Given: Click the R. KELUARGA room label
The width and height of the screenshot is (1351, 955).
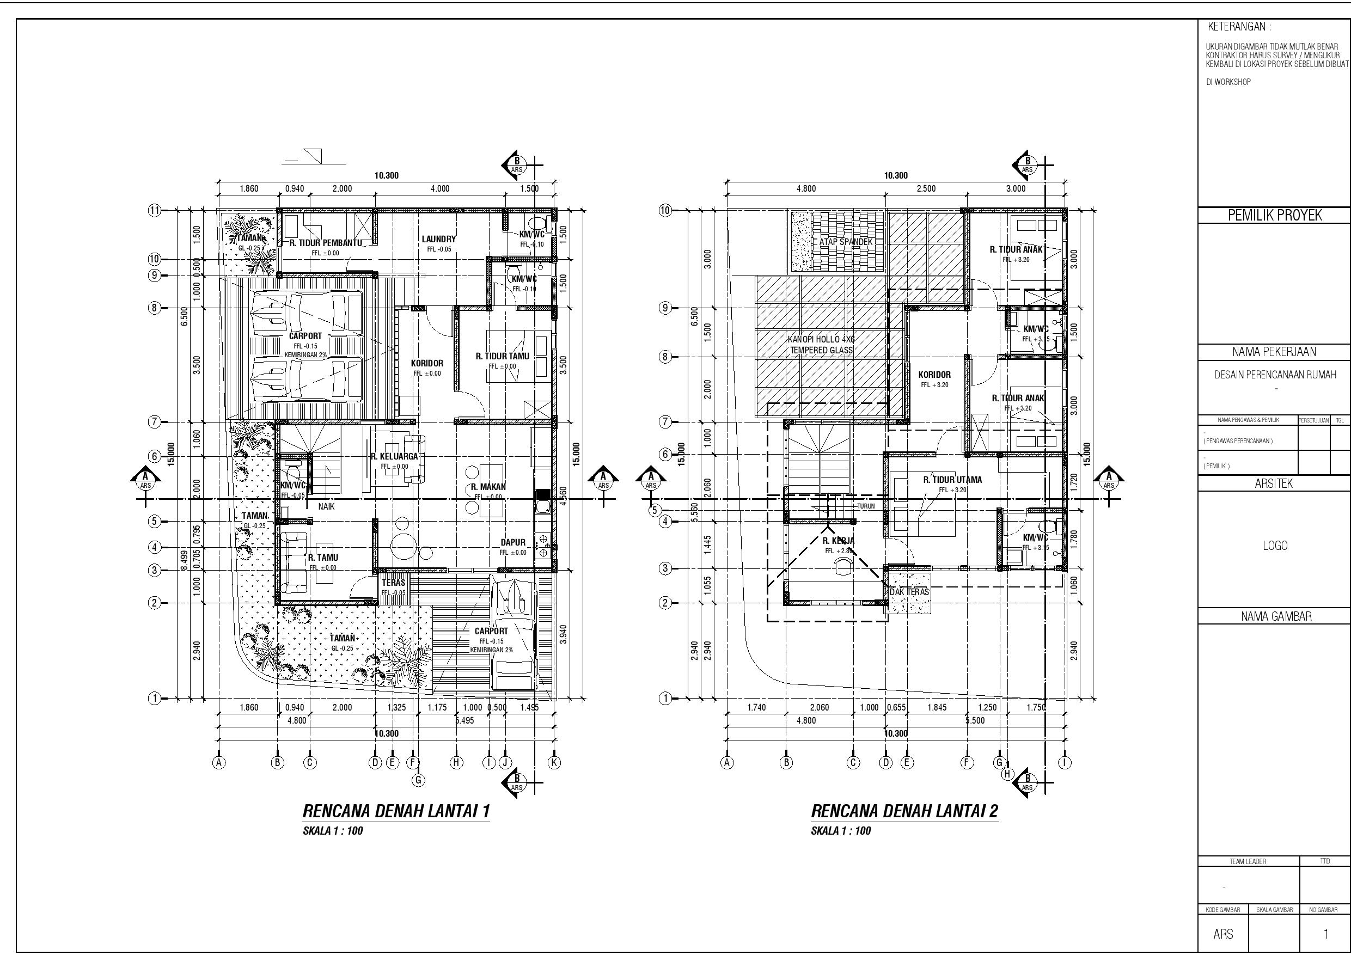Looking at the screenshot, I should (x=394, y=456).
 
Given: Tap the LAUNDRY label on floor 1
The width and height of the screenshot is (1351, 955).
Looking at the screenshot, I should (x=438, y=239).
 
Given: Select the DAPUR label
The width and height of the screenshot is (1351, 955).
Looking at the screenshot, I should (x=512, y=542).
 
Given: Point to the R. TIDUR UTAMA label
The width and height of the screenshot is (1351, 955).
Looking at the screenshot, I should (x=952, y=480).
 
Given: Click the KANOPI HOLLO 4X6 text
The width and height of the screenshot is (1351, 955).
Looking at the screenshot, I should (x=821, y=340).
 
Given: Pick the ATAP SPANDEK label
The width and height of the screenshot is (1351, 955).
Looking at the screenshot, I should (x=846, y=242).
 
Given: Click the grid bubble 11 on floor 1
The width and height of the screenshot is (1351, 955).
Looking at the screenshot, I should (x=155, y=211).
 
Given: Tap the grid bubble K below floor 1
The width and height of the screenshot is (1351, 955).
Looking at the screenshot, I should (x=554, y=763).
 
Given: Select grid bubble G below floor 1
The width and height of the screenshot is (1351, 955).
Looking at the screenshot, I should (x=418, y=780).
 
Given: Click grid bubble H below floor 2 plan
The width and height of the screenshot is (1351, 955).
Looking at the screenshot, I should (x=1007, y=774).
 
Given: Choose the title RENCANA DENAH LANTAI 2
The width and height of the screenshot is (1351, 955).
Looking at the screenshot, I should (x=904, y=811).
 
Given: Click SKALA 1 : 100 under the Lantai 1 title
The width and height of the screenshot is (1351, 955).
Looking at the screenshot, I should (x=333, y=831).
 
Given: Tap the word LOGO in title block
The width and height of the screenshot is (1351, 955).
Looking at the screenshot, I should (x=1275, y=546).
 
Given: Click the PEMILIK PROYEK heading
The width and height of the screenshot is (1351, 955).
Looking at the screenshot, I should (x=1275, y=216).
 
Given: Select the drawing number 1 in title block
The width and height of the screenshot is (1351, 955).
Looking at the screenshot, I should (x=1326, y=934).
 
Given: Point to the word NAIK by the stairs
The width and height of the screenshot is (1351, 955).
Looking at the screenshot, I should (x=327, y=506).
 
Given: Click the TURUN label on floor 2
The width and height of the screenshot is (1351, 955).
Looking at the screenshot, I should (x=866, y=506).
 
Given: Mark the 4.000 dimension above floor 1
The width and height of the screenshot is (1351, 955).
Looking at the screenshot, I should (x=439, y=189).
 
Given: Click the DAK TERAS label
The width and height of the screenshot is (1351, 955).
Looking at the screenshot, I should (x=909, y=592).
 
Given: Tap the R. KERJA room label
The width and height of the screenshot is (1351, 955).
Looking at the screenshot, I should (x=839, y=541).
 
